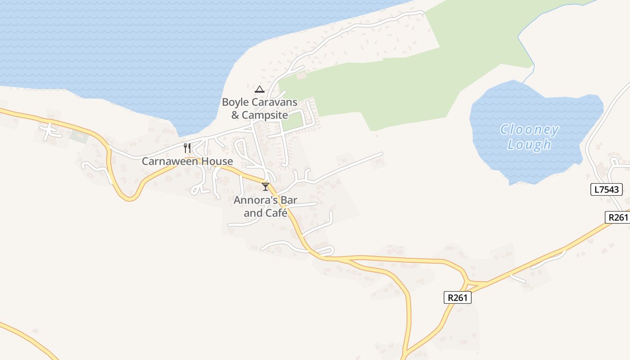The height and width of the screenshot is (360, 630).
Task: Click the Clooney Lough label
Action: coord(530,137)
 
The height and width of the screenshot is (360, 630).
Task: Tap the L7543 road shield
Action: coord(606,189)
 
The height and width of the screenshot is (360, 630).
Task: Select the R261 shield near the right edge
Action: coord(617,217)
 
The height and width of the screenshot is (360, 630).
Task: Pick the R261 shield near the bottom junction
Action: coord(458,297)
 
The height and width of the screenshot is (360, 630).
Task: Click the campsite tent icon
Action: coord(260,89)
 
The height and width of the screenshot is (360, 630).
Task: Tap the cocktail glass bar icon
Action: coord(265,186)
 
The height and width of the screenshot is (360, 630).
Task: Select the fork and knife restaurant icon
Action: coord(187,148)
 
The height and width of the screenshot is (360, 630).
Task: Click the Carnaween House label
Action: coord(187,161)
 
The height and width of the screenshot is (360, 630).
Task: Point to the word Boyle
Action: coord(235,102)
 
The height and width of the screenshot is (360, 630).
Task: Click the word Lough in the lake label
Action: coord(529,144)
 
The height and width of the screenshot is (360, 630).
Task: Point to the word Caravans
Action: coord(274,102)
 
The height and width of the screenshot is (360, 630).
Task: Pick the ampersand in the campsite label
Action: coord(235,115)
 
